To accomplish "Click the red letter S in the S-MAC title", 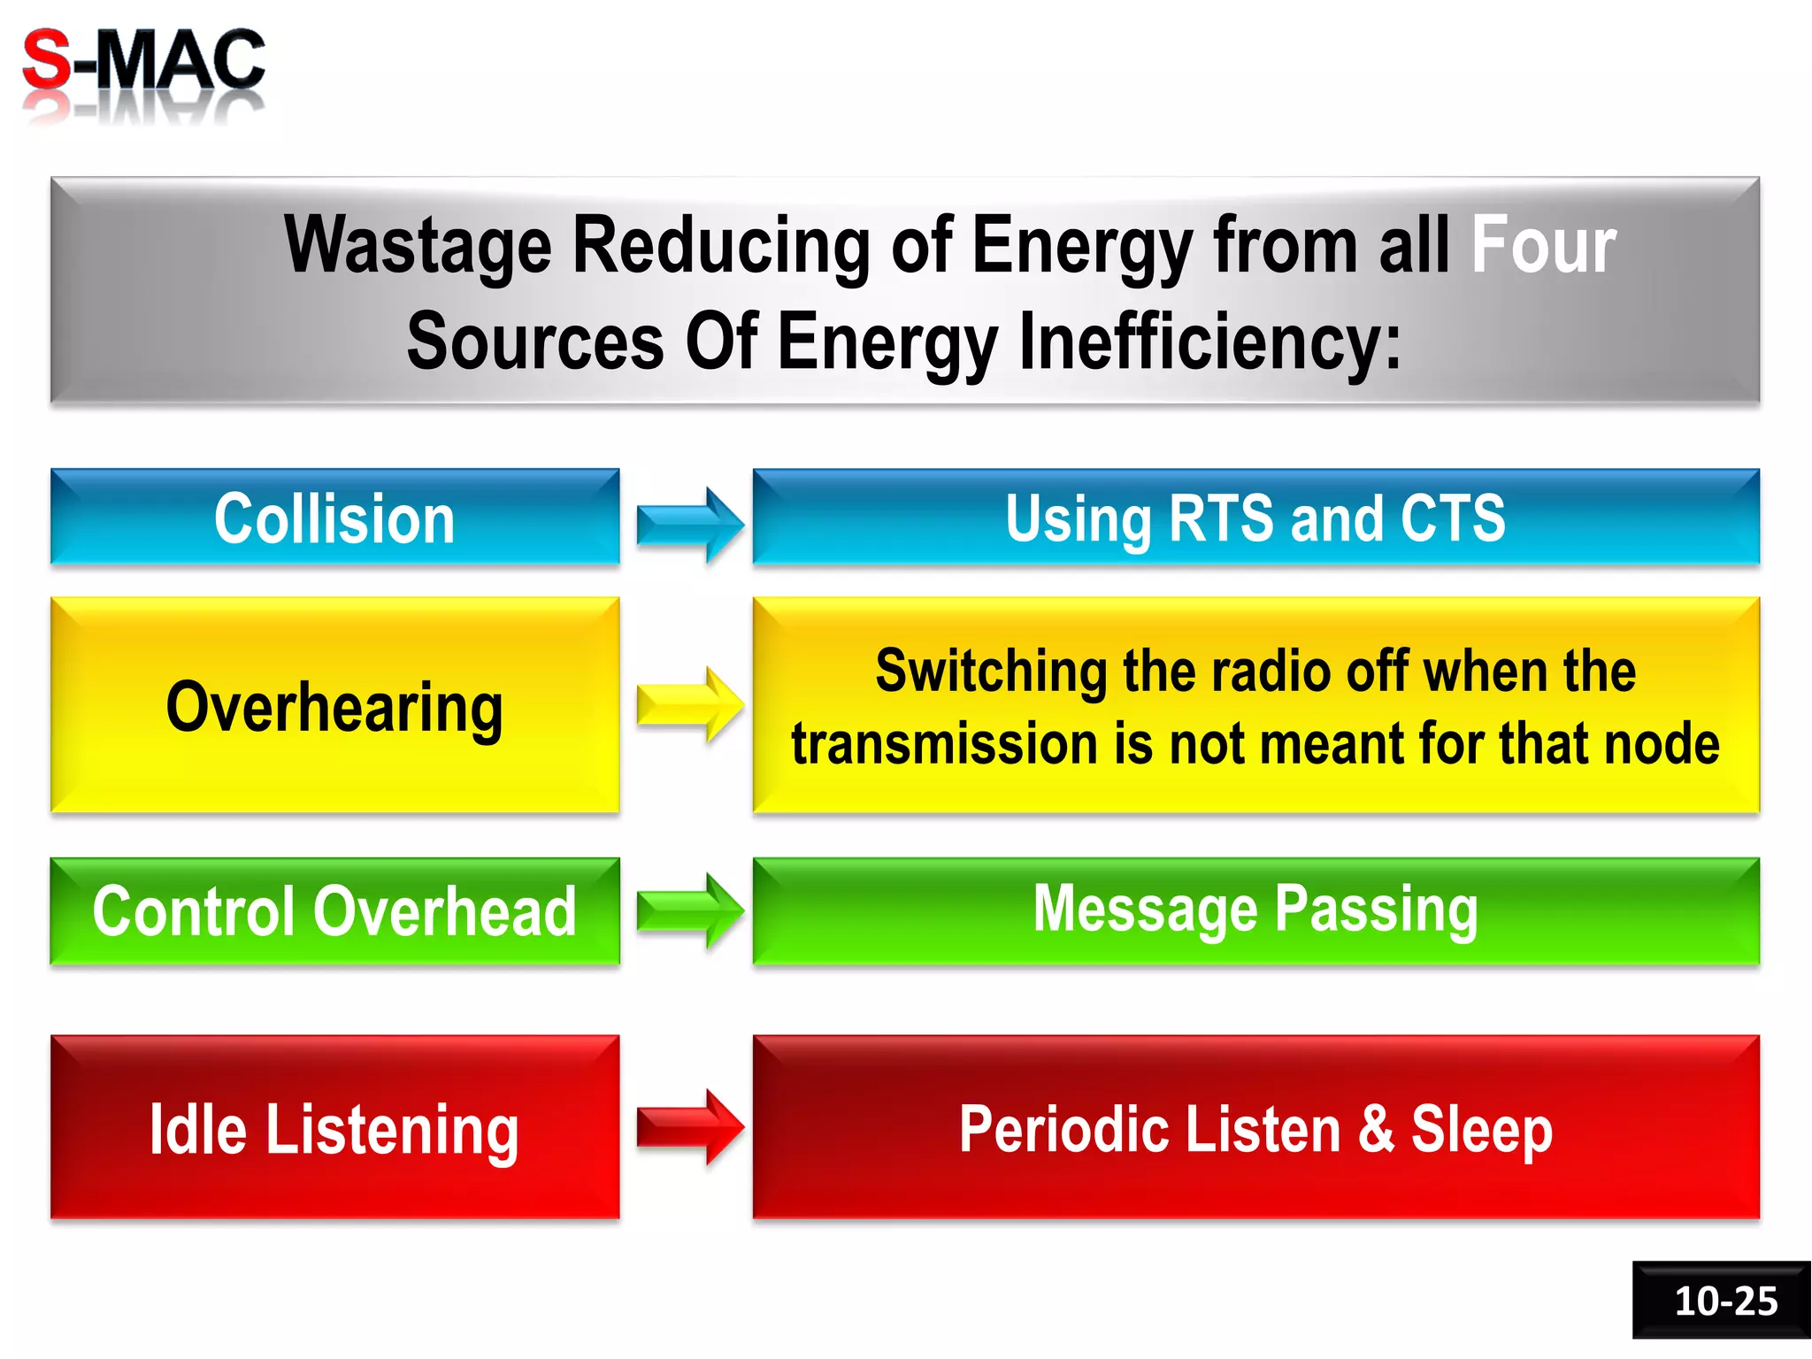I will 46,60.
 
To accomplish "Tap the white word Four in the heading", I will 1543,245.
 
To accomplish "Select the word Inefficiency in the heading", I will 1209,342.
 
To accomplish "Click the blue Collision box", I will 334,518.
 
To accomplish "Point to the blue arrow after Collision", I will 689,525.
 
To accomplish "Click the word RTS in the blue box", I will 1222,518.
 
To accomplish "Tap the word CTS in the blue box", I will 1452,518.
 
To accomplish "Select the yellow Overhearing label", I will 334,708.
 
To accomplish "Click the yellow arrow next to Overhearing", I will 689,705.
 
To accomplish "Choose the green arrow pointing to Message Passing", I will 689,910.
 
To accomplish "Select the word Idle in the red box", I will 197,1130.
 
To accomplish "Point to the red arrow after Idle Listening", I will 689,1127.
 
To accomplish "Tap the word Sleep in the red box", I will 1481,1130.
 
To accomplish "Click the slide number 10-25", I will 1725,1301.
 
